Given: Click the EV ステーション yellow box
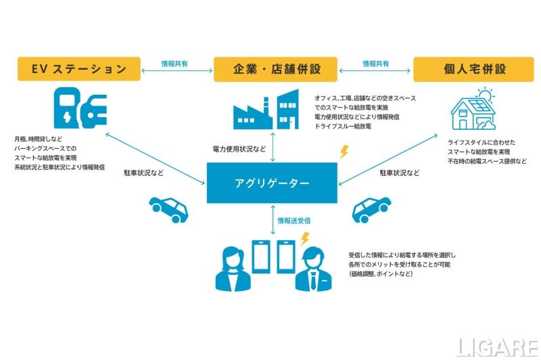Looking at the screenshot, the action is pos(79,69).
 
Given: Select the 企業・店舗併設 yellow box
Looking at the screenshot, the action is pos(275,70).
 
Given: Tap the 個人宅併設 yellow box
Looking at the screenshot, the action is pos(473,70).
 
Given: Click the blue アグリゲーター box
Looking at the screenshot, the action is pos(272,183).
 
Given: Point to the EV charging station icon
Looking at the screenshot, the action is pos(80,108).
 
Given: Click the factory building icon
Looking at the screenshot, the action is pos(266,110).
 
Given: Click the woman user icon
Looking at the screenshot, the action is pos(233,269).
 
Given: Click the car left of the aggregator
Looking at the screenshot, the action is pos(168,210).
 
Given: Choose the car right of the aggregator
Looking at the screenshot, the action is pos(371,210).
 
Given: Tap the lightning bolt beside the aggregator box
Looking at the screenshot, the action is pos(344,152).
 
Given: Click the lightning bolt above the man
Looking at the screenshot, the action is pos(305,239).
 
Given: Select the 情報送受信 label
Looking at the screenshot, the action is pos(294,221).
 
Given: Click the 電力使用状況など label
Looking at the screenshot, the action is pos(239,149).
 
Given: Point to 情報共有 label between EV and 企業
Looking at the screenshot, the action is pos(174,64).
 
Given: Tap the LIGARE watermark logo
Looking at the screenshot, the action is pos(497,347).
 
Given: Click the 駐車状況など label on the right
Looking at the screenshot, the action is pos(400,173).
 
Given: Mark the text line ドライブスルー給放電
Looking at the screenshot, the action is pos(343,127).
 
